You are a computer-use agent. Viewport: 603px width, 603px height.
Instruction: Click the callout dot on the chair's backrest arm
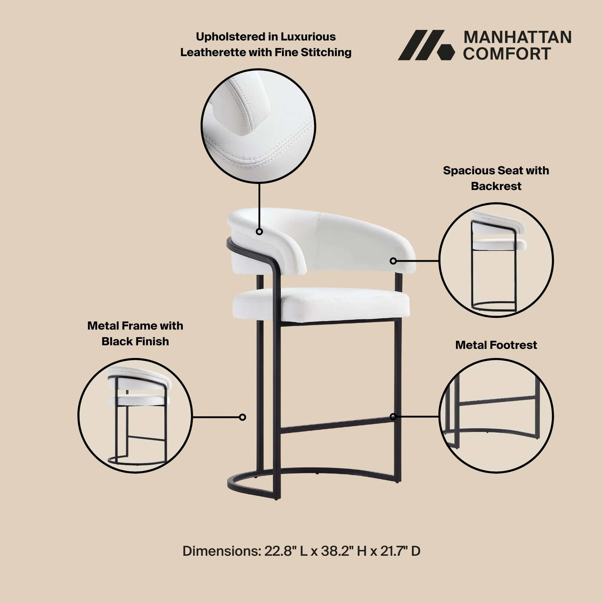click(x=259, y=232)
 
